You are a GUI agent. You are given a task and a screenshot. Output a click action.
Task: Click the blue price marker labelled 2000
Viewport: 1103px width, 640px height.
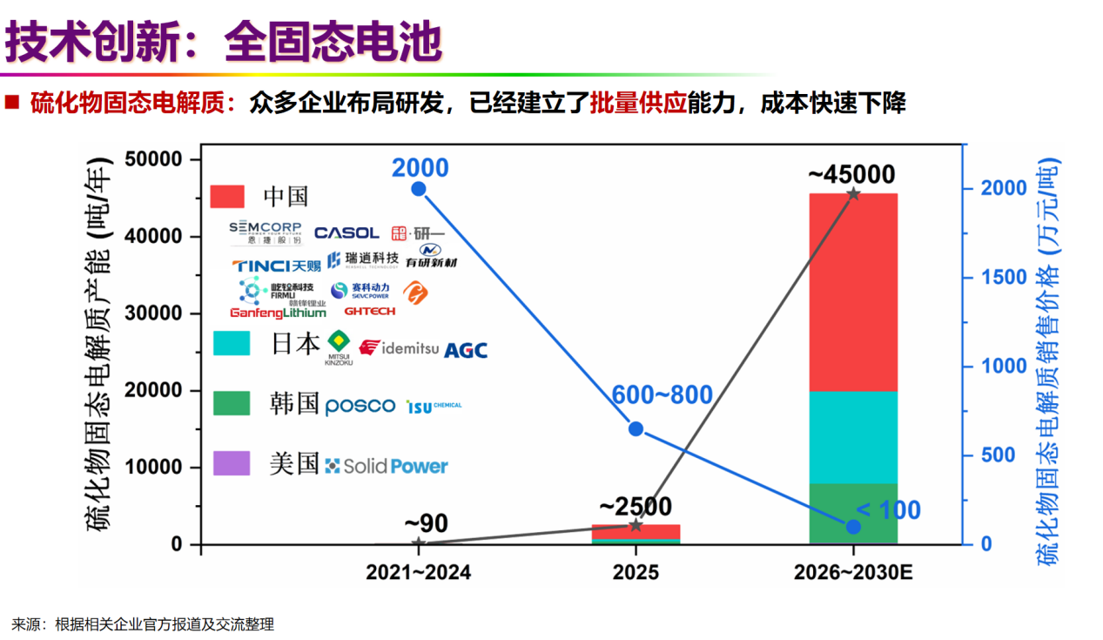419,189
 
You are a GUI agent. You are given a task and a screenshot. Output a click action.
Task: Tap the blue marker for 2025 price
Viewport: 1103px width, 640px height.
636,429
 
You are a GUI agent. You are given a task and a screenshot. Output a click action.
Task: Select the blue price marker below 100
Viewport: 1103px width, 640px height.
853,527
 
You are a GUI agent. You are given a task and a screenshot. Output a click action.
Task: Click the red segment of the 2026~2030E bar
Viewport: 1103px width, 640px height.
853,292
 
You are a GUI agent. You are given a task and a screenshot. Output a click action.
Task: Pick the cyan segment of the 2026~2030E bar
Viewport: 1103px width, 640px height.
853,437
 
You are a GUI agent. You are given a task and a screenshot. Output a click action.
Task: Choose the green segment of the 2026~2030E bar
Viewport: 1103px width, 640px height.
853,514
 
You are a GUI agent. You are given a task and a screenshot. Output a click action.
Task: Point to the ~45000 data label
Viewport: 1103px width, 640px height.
851,174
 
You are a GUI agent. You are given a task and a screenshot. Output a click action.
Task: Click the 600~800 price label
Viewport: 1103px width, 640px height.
661,394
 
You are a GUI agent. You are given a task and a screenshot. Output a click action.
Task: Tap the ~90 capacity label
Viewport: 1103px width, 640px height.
426,523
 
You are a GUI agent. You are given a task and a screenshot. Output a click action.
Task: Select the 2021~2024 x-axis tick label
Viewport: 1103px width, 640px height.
419,572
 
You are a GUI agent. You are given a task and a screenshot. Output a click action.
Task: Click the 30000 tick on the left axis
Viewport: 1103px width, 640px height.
164,313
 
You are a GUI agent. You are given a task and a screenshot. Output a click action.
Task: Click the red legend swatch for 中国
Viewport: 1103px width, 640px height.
232,196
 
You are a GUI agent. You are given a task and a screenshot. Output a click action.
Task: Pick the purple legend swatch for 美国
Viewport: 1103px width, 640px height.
232,463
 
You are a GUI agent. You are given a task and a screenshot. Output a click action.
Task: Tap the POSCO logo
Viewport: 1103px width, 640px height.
360,407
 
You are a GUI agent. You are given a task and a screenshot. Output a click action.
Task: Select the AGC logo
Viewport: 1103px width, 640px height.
466,350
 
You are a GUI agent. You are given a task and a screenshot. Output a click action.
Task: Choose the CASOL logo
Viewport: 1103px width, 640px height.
346,232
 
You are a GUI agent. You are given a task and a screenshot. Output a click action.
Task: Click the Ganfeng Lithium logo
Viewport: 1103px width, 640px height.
278,312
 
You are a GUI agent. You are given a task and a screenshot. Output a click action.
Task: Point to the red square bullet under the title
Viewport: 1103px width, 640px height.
12,103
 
